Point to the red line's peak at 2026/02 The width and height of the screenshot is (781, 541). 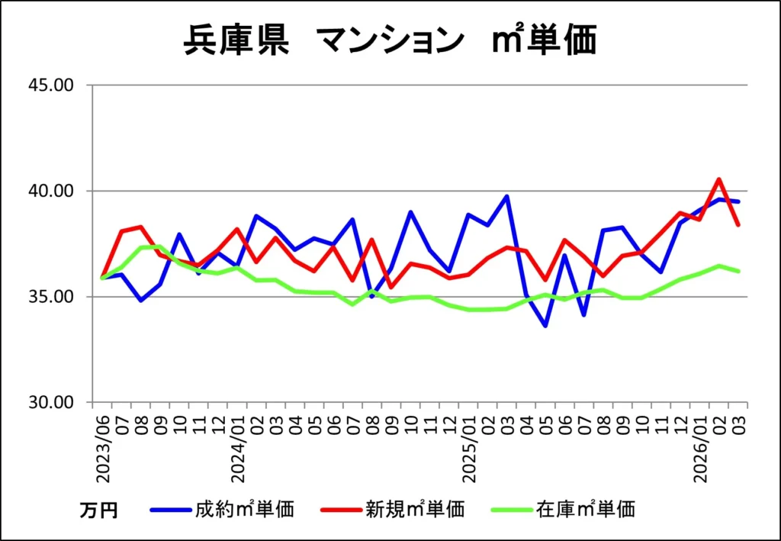719,179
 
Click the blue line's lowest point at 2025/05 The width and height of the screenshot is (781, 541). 545,326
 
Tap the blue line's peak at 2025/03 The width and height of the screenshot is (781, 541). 506,196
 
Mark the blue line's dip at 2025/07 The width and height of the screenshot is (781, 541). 584,314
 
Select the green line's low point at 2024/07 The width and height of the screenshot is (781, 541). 352,304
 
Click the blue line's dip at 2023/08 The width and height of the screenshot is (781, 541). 140,300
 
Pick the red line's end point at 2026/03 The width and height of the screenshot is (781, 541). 738,225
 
